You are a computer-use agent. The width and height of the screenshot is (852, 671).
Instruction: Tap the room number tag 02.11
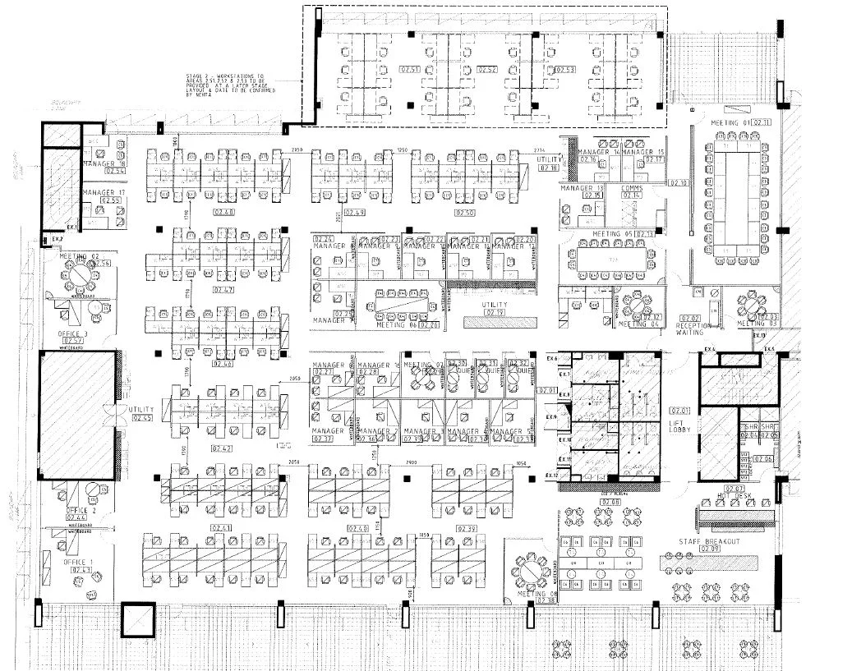coord(762,122)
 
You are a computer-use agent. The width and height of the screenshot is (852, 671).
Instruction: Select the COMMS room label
coord(632,188)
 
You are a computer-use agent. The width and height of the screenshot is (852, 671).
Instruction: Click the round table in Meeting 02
coord(81,276)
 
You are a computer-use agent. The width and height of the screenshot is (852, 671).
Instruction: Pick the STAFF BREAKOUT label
coord(709,543)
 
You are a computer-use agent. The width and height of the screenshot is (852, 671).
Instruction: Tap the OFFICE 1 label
coord(78,563)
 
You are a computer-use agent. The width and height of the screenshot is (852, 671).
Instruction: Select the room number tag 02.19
coord(495,312)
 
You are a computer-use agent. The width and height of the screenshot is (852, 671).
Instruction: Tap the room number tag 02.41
coord(224,527)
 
